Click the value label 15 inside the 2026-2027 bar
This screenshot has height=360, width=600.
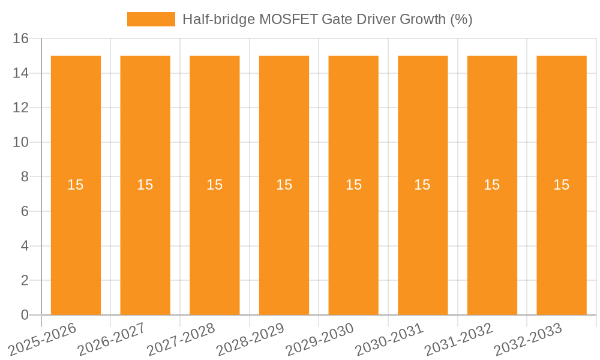pos(145,185)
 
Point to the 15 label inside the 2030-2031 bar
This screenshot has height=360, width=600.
pos(422,185)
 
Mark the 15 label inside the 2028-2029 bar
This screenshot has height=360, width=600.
pos(284,185)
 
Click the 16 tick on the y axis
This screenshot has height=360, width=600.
pos(21,39)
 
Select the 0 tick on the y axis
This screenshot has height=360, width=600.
pos(25,315)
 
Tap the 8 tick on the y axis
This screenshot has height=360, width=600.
pos(25,177)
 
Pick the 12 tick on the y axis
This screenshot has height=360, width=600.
pos(21,108)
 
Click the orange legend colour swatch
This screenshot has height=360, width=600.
pos(151,19)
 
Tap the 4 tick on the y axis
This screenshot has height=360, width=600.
pos(25,246)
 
